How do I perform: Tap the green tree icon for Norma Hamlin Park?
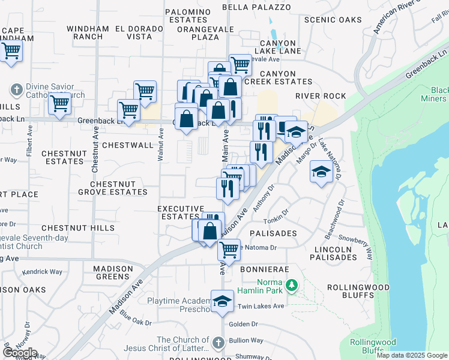point(292,284)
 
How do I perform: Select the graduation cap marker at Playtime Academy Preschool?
point(222,301)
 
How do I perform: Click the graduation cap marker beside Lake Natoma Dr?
point(322,172)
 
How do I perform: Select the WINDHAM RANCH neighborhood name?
point(88,32)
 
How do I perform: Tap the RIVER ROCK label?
point(321,96)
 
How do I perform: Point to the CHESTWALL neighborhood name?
point(128,145)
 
